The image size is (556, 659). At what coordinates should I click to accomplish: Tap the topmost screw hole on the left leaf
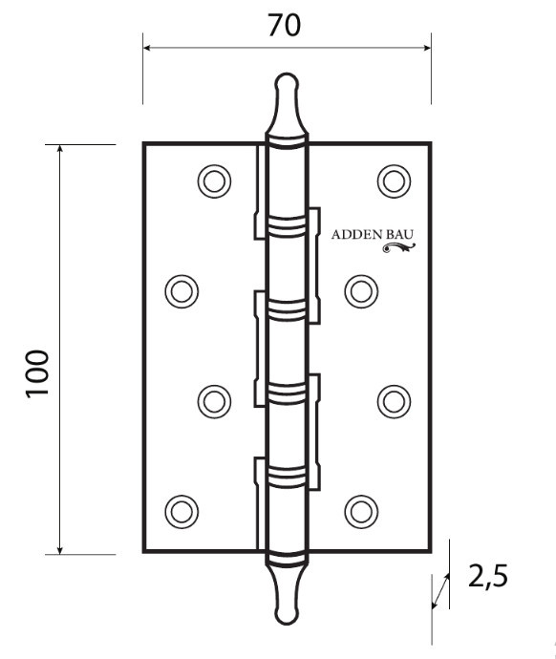click(x=215, y=180)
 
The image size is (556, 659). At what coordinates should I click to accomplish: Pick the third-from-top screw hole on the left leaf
click(x=215, y=399)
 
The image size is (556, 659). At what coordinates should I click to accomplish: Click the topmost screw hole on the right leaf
click(x=393, y=180)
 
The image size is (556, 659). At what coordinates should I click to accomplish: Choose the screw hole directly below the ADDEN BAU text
click(x=358, y=289)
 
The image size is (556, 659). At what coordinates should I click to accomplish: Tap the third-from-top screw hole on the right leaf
click(x=393, y=399)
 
